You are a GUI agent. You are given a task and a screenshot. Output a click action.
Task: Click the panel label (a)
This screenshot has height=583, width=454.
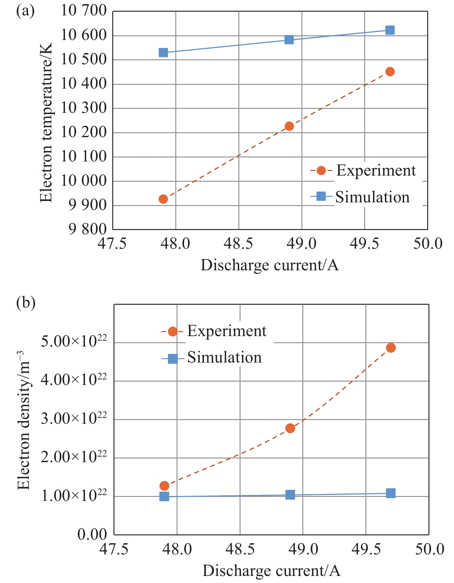pos(25,11)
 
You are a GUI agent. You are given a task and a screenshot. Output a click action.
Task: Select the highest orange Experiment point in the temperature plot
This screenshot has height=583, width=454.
pos(390,72)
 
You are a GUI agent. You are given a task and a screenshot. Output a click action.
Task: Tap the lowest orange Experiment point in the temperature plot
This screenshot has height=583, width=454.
pos(163,199)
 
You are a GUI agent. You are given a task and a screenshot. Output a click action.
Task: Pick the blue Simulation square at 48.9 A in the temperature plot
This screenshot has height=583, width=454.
pos(289,40)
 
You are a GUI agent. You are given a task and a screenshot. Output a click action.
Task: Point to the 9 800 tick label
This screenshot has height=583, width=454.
pos(87,229)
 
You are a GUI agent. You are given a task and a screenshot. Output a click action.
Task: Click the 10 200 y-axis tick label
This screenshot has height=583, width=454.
pos(83,133)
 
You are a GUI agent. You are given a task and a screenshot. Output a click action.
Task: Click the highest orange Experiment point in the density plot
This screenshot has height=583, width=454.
pos(391,348)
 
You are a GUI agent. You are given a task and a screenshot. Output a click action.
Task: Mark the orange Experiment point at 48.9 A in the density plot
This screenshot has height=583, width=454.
pos(290,428)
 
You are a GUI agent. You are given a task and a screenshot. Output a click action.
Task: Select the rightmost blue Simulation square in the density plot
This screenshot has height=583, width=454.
pos(391,493)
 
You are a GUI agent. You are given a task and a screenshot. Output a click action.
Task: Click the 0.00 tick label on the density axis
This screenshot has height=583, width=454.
pos(92,534)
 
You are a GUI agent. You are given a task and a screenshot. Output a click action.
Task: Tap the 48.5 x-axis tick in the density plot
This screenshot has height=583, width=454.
pos(240,549)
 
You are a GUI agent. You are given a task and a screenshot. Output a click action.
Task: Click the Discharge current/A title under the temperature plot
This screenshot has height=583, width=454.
pos(270,265)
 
